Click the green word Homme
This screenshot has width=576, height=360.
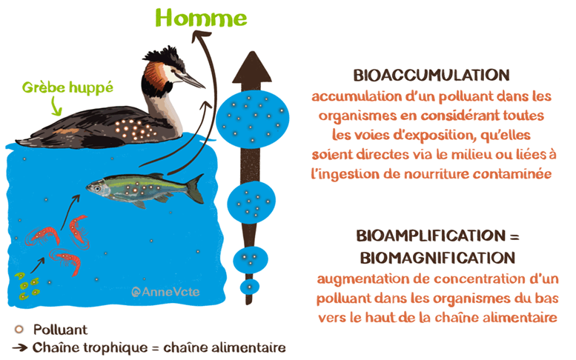click(202, 18)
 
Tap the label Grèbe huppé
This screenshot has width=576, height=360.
click(67, 87)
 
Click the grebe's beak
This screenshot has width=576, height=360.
click(192, 80)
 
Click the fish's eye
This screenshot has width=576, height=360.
click(97, 189)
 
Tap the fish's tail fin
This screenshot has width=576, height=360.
click(195, 188)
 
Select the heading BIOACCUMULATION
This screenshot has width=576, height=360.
click(431, 76)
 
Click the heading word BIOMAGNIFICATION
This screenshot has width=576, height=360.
click(437, 258)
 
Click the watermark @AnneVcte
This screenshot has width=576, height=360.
click(165, 292)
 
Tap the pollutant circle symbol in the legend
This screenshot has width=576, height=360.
click(19, 329)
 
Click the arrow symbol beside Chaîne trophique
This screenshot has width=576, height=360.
click(20, 347)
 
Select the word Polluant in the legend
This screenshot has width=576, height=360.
click(61, 330)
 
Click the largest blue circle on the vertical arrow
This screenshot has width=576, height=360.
click(252, 119)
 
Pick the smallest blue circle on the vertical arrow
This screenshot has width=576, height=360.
click(250, 286)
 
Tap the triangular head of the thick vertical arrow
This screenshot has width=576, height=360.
click(252, 67)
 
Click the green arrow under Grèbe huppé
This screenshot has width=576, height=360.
click(56, 107)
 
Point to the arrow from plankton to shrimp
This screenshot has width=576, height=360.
click(38, 265)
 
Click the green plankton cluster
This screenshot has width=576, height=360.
click(27, 286)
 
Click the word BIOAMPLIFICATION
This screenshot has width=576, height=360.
click(431, 236)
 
